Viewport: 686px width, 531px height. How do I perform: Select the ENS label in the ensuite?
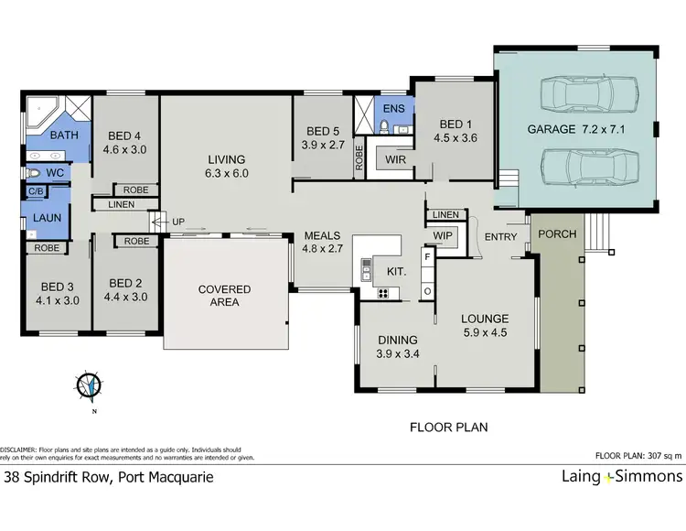click(393, 109)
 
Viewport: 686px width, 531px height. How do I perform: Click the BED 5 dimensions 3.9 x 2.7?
click(323, 144)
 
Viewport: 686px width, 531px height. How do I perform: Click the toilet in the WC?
click(34, 172)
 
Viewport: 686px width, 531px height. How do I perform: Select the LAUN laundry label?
click(48, 220)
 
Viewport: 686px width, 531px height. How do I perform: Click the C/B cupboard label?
click(35, 191)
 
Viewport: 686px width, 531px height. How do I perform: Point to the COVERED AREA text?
click(224, 296)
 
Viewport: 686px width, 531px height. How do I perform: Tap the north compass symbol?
click(90, 385)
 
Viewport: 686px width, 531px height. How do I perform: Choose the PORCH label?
click(556, 233)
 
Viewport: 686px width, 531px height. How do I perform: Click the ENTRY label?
click(501, 237)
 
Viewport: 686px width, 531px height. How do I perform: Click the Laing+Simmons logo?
click(621, 476)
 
